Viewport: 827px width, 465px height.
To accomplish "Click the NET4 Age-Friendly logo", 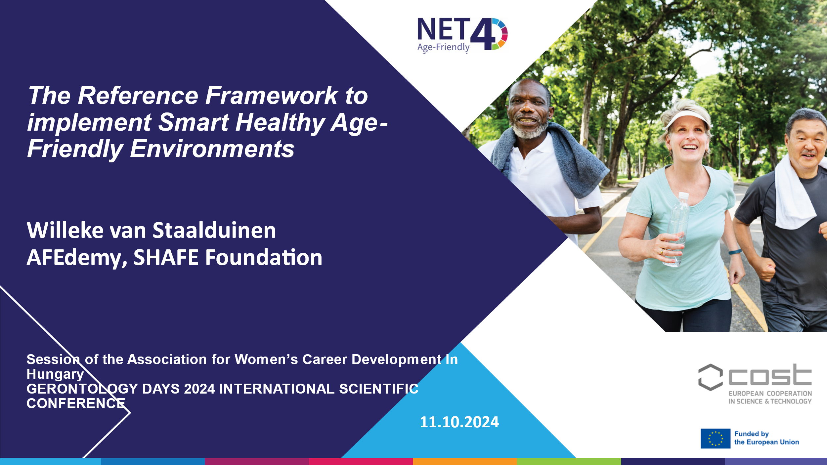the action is tap(462, 35).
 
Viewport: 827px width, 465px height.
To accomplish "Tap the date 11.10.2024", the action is tap(459, 422).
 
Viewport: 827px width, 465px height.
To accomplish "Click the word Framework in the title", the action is tap(271, 96).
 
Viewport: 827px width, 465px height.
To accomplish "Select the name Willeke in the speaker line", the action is tap(65, 230).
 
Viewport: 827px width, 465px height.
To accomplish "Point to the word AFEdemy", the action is tap(77, 258).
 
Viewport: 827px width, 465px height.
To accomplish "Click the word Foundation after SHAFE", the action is tap(264, 257).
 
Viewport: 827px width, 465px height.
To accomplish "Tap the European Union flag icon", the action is tap(716, 439).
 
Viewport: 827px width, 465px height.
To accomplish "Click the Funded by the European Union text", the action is tap(766, 438).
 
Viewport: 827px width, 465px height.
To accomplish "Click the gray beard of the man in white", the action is tap(529, 130).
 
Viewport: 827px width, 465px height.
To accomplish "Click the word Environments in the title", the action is tap(212, 149).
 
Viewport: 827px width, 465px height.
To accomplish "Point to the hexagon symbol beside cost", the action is tap(710, 377).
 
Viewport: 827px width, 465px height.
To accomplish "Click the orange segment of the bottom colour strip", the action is tap(465, 461).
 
